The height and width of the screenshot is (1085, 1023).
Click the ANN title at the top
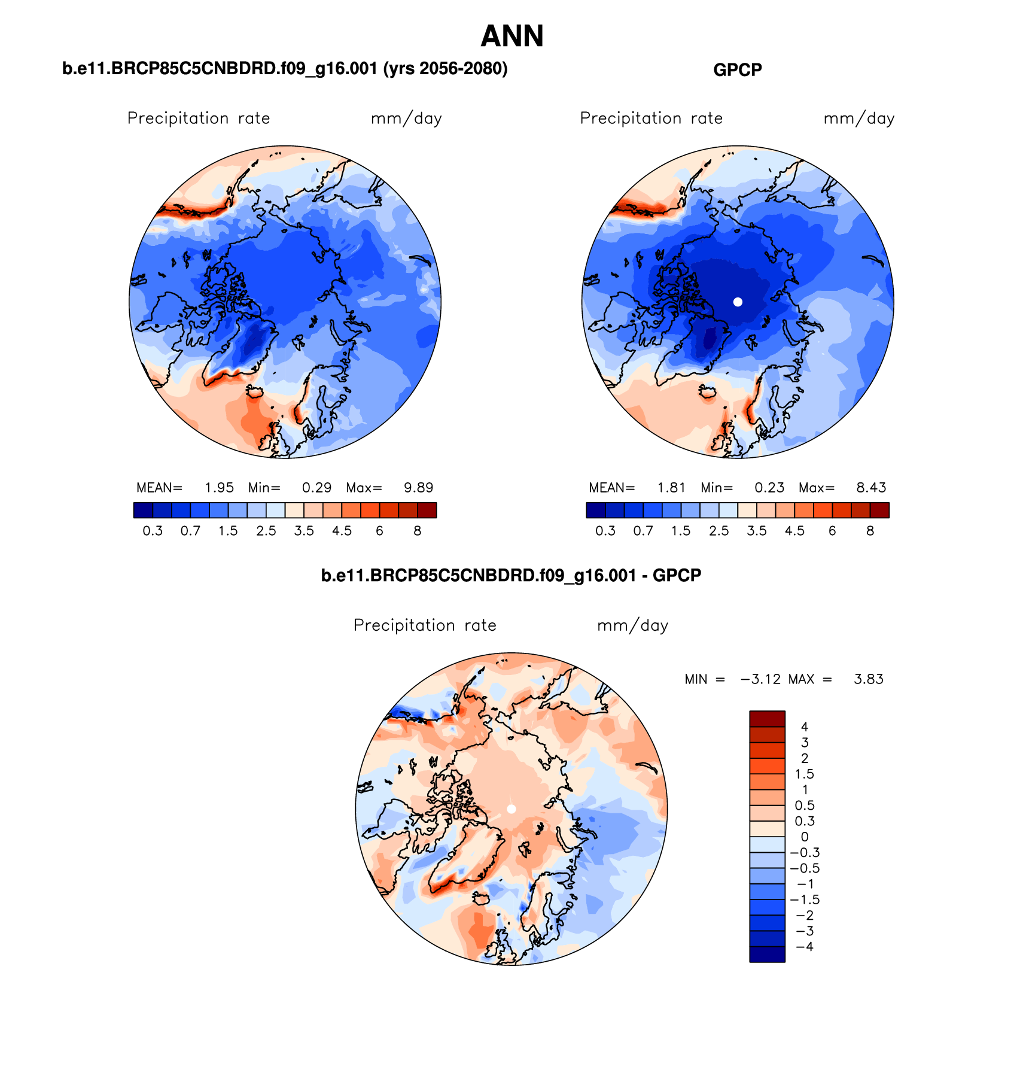[511, 37]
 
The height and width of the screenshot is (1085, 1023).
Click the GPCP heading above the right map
[737, 70]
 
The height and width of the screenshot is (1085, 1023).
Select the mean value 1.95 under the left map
[219, 488]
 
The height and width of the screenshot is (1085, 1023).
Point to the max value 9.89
[418, 488]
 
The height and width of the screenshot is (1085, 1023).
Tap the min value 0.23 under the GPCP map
[769, 488]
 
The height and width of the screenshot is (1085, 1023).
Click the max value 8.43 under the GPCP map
[871, 488]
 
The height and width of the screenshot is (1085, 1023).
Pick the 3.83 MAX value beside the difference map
[868, 679]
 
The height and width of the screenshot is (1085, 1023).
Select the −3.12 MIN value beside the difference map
[760, 679]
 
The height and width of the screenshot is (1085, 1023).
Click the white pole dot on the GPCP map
[738, 302]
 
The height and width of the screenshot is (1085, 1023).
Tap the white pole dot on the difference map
[511, 809]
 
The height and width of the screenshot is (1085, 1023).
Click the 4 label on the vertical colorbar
[805, 727]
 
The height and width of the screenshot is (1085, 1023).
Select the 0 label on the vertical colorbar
[805, 837]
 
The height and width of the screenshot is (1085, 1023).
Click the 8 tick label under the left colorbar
[418, 531]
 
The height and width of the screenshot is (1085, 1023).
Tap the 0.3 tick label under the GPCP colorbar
[605, 531]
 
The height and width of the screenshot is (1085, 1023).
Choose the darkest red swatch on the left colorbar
[427, 510]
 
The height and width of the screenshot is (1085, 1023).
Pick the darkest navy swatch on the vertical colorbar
[767, 954]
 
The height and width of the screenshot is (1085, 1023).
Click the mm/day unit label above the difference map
[632, 626]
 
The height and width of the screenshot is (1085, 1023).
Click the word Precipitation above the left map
[178, 118]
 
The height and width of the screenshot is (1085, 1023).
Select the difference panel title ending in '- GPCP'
[511, 576]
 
